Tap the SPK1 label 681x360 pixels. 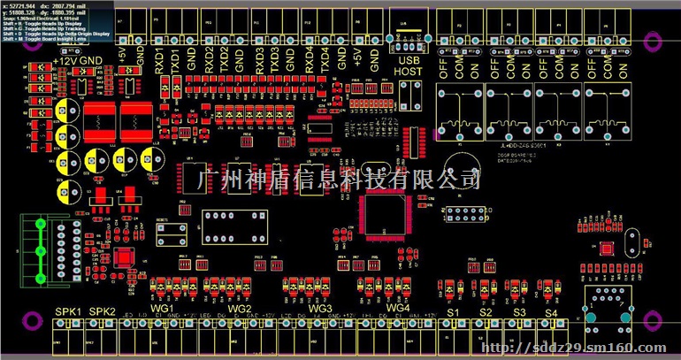click(x=68, y=312)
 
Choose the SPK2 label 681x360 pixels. click(x=103, y=312)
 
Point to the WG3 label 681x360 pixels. click(x=320, y=308)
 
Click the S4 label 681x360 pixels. click(x=549, y=313)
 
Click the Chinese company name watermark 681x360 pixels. click(x=341, y=180)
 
